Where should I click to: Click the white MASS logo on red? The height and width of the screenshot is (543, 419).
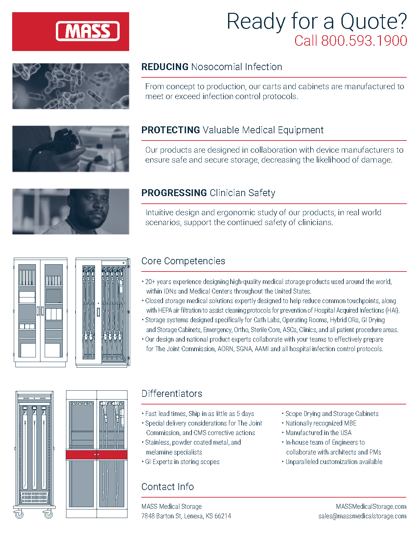[x=87, y=31]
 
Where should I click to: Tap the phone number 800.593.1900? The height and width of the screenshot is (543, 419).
[x=364, y=41]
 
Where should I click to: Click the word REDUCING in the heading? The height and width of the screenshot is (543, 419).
[x=165, y=67]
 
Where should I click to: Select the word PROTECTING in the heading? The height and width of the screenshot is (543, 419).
[x=171, y=130]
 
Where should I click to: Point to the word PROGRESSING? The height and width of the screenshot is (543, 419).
[x=174, y=193]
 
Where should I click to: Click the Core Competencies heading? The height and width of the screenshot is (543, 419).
[x=183, y=261]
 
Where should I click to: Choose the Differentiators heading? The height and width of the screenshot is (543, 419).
[x=172, y=394]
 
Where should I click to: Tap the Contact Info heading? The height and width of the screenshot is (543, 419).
[x=168, y=487]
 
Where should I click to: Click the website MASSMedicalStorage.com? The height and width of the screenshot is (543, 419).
[x=371, y=506]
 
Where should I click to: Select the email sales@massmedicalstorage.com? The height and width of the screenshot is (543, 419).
[x=362, y=516]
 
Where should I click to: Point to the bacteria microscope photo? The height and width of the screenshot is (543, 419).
[x=71, y=86]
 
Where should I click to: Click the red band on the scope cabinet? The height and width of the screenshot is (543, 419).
[x=97, y=455]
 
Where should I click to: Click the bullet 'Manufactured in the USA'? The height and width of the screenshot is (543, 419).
[x=318, y=433]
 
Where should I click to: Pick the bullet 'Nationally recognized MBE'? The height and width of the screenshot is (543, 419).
[x=321, y=423]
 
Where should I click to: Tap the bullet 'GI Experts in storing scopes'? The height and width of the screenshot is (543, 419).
[x=182, y=462]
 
